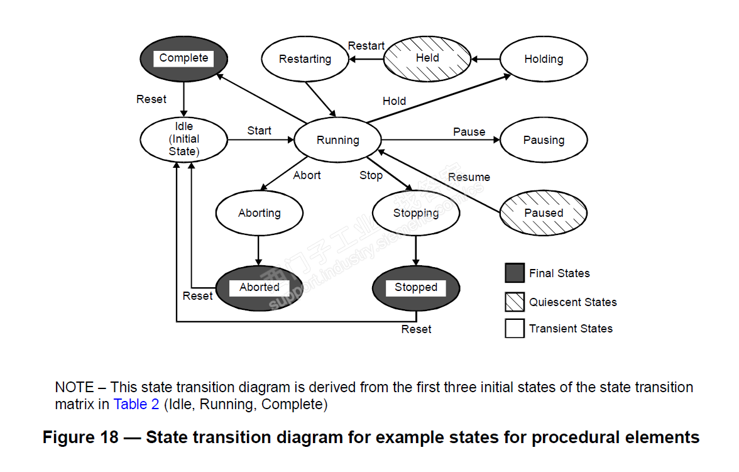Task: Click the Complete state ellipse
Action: pos(183,58)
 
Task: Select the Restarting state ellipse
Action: pos(305,59)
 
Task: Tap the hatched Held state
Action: pos(427,58)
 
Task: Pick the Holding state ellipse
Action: pos(544,59)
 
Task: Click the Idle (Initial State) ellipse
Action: pos(183,140)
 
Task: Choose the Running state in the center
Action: pos(338,140)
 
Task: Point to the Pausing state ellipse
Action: pos(544,140)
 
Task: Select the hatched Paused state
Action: pos(544,213)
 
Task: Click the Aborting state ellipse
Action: pos(259,213)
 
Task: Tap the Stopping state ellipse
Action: pos(415,213)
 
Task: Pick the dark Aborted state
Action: pos(259,287)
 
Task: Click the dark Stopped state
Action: pos(415,287)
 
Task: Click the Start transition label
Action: pos(259,131)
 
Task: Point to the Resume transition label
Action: pos(469,177)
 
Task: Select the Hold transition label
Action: pos(394,101)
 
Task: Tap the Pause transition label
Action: pos(469,132)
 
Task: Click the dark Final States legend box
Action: pos(515,273)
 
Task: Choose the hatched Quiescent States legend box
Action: pos(515,302)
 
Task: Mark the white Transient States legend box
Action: pos(515,328)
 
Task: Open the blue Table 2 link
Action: pos(136,404)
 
